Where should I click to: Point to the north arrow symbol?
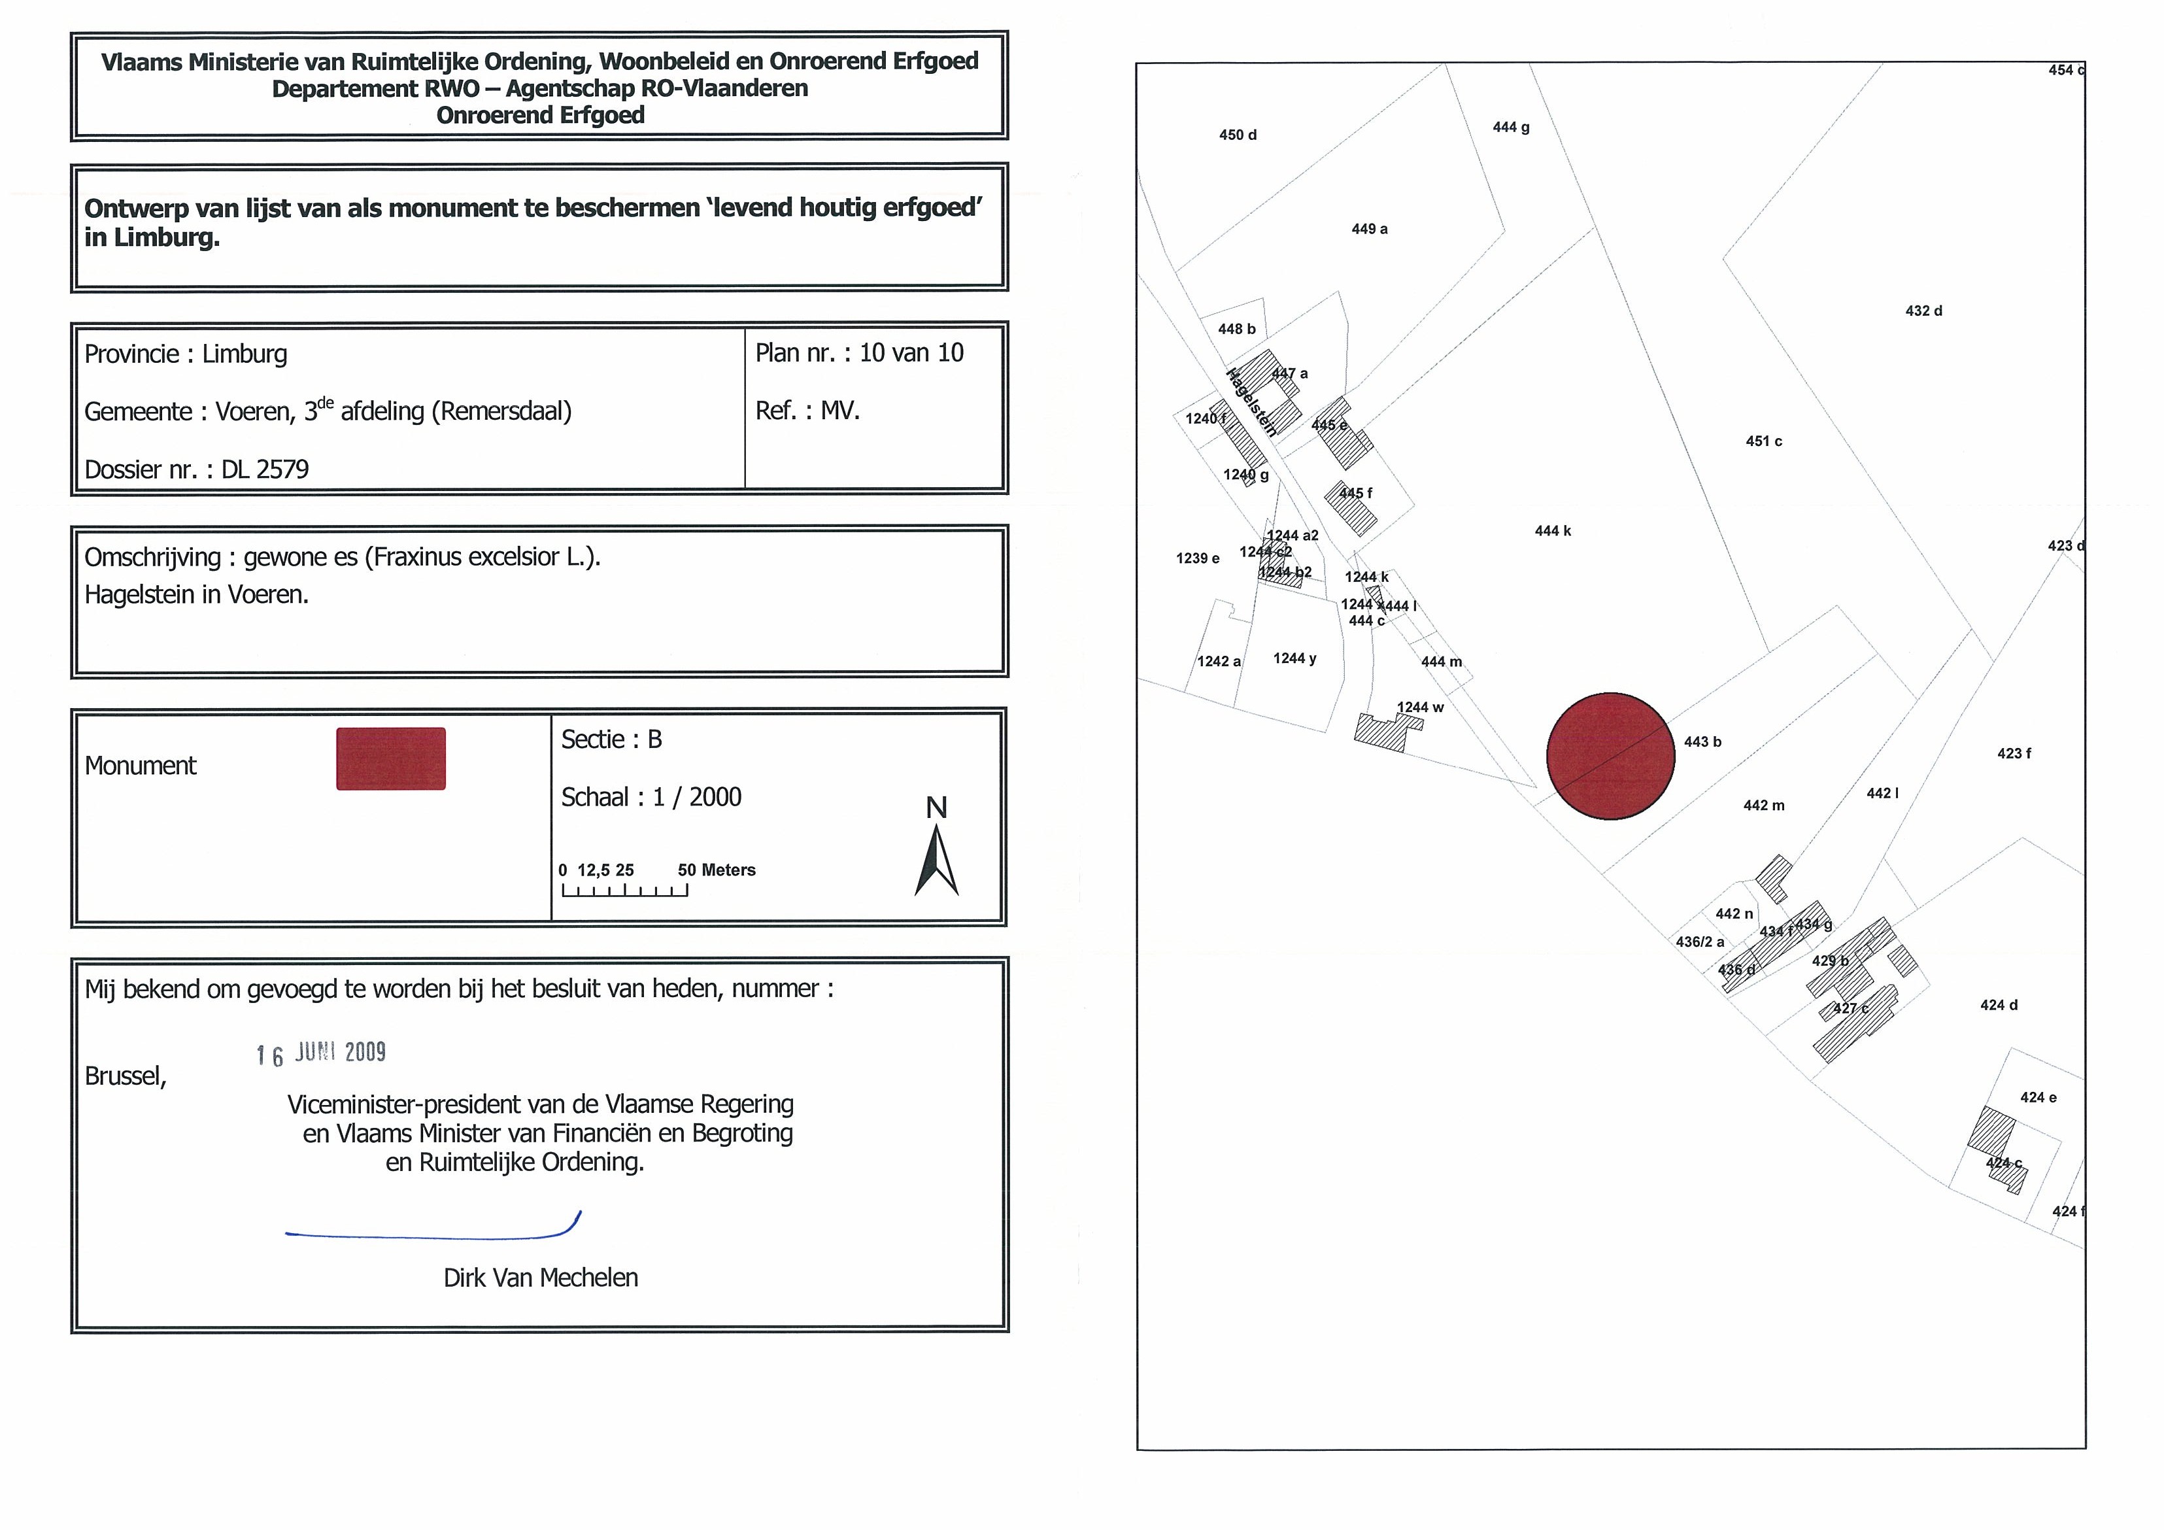[x=936, y=860]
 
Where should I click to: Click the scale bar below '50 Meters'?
[x=624, y=890]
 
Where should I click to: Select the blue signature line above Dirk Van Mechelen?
[x=433, y=1233]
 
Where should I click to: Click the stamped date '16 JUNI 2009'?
[x=322, y=1053]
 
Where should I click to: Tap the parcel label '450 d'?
[x=1238, y=135]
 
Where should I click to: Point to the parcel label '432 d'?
[x=1923, y=311]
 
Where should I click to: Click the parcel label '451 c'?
[x=1763, y=441]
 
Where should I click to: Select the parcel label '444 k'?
[x=1552, y=531]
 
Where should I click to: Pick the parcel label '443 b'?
[x=1702, y=742]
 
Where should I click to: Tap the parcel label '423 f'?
[x=2013, y=753]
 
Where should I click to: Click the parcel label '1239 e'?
[x=1197, y=558]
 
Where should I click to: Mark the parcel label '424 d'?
[x=1998, y=1005]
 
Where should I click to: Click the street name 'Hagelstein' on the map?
[x=1251, y=403]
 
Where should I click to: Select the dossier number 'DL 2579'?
[x=265, y=469]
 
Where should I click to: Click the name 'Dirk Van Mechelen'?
[x=540, y=1278]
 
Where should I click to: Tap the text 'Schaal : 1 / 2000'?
[x=651, y=798]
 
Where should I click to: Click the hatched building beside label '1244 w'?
[x=1383, y=732]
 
